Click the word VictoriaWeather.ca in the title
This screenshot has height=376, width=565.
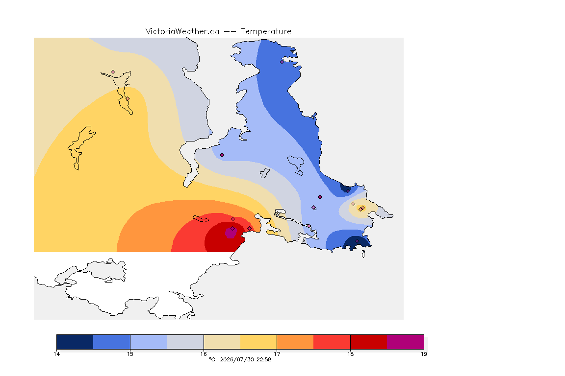click(x=182, y=32)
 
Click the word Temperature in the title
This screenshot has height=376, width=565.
click(x=266, y=32)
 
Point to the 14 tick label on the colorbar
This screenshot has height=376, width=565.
click(x=56, y=354)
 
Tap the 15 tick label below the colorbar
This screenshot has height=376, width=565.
click(x=130, y=354)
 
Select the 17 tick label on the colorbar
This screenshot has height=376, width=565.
click(x=277, y=354)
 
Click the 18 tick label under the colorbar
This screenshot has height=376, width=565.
click(x=350, y=354)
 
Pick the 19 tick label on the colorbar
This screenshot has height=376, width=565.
click(x=424, y=354)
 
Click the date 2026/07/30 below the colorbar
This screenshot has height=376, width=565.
click(x=237, y=359)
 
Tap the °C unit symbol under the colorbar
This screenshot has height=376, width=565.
click(x=212, y=359)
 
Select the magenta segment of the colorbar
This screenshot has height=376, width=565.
click(x=406, y=342)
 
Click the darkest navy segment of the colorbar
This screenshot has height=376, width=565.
click(x=75, y=342)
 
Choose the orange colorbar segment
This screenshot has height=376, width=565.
click(x=295, y=342)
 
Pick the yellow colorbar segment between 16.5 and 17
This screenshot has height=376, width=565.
click(x=258, y=342)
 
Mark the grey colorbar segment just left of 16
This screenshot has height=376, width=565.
click(x=185, y=342)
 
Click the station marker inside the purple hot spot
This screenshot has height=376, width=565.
click(x=233, y=229)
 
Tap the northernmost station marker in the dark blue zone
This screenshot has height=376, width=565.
click(x=282, y=62)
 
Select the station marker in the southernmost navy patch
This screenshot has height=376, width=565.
click(x=357, y=241)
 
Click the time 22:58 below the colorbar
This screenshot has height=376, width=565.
click(x=264, y=359)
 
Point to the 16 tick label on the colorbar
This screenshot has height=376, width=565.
click(x=204, y=354)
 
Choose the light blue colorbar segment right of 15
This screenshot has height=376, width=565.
click(x=149, y=342)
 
